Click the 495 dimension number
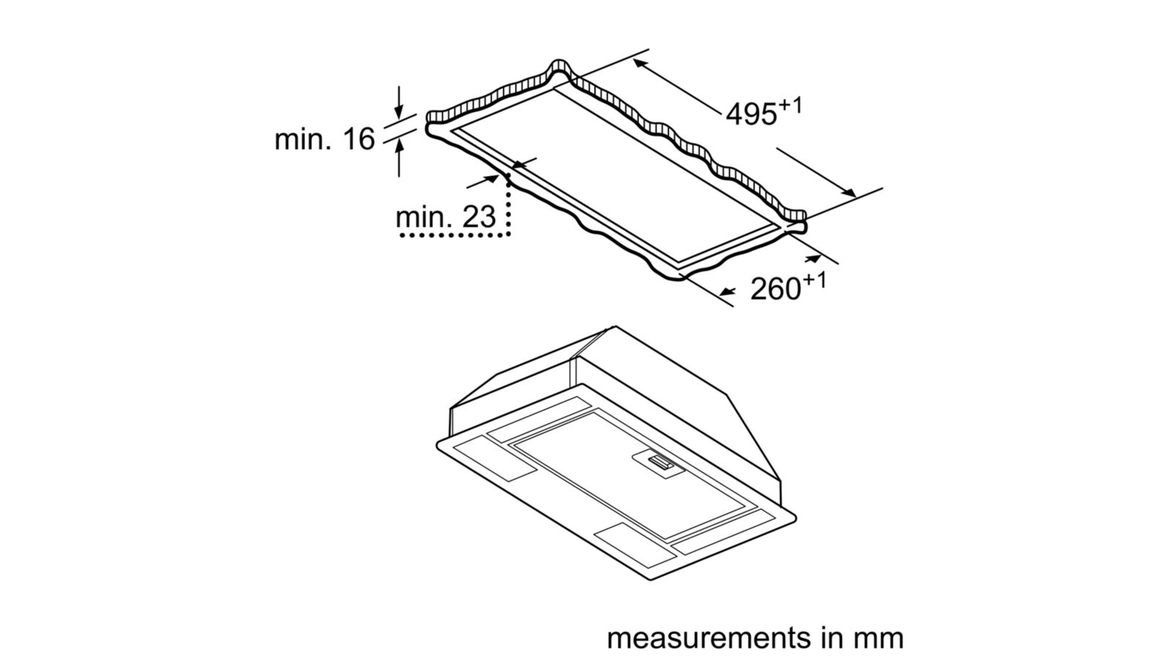pos(752,115)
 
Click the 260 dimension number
pos(776,288)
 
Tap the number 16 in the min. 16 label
pos(360,140)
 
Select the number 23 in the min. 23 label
pos(479,217)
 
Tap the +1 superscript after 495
pos(790,106)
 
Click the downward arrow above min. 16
pos(398,103)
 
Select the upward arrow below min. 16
pos(399,156)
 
